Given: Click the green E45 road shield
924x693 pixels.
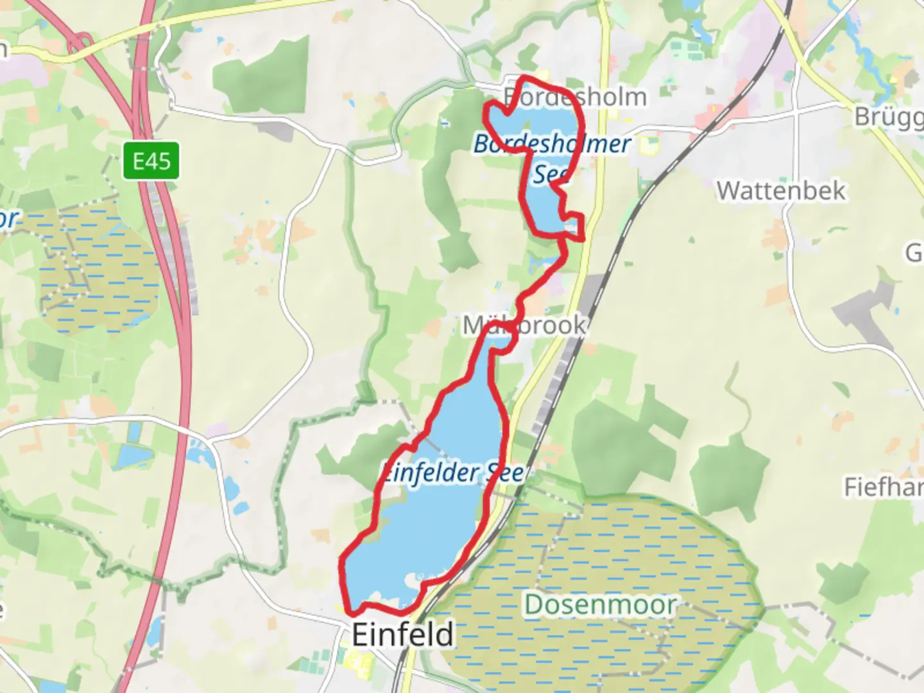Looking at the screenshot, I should tap(151, 160).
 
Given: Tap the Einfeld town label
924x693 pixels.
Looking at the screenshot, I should tap(403, 634).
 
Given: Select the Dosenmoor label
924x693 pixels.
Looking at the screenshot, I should tap(601, 604).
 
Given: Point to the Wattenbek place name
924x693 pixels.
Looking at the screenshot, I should tap(781, 191).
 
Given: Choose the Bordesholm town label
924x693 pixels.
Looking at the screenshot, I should tap(575, 98).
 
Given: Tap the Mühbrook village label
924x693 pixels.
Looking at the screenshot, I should tap(524, 325).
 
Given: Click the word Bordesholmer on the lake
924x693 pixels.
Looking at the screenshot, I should tap(552, 144).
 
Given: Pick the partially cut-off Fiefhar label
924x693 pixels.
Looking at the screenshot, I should tap(883, 488).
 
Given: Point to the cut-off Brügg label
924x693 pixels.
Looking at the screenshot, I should tap(889, 117).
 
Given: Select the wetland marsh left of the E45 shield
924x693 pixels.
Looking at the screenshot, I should tap(96, 269).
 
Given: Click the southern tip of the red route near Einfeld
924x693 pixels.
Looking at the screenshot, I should tap(351, 612).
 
